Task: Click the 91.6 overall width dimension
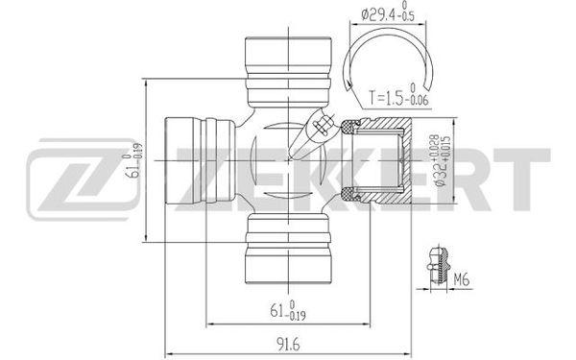(x=289, y=345)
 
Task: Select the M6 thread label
(x=461, y=280)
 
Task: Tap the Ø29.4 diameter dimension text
(x=388, y=14)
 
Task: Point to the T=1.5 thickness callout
(x=398, y=97)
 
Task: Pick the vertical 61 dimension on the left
(x=133, y=160)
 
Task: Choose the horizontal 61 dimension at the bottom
(x=288, y=311)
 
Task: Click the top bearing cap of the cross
(x=288, y=72)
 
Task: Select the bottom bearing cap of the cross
(x=288, y=250)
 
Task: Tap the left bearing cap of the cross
(x=200, y=160)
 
